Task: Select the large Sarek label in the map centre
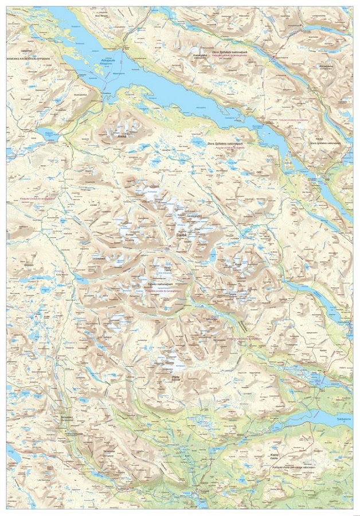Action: tap(182, 235)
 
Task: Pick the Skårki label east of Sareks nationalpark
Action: tap(233, 295)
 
